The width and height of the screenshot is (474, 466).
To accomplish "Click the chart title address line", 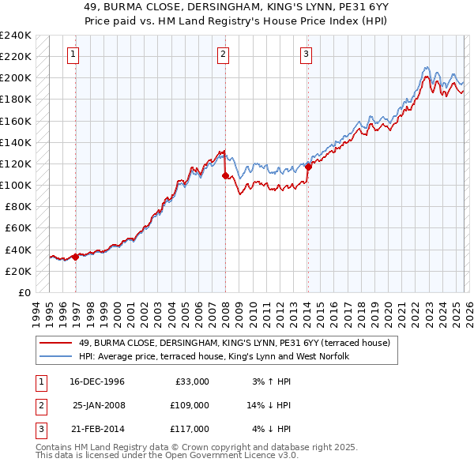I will tap(236, 7).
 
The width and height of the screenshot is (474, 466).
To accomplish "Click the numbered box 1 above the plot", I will tap(73, 54).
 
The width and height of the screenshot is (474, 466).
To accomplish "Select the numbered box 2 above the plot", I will tap(223, 54).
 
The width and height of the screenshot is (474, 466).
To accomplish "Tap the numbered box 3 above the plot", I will tap(306, 54).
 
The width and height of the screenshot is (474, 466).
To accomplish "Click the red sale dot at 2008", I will tap(225, 175).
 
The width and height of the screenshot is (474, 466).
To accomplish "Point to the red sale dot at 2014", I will tap(308, 167).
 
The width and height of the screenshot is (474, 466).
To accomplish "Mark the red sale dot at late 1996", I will tap(76, 257).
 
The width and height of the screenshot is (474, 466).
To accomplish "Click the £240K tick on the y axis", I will tap(16, 36).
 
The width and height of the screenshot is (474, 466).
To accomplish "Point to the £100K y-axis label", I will tap(16, 185).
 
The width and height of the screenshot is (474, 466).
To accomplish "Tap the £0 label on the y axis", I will tap(23, 292).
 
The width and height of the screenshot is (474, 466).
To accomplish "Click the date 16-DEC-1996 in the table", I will tap(96, 381).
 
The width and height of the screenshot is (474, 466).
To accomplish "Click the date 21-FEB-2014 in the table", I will tap(96, 429).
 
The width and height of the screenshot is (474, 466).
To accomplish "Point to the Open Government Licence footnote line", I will tap(167, 455).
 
